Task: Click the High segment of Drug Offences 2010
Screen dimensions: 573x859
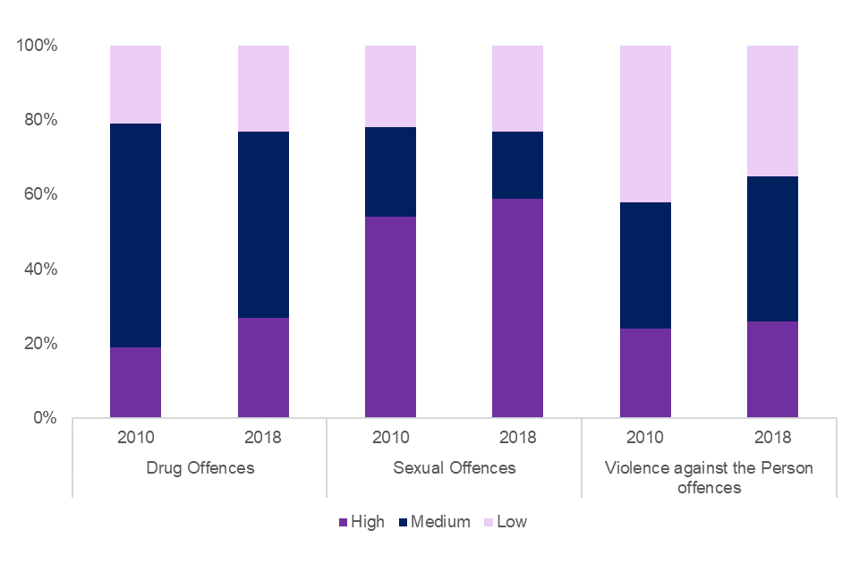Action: tap(135, 382)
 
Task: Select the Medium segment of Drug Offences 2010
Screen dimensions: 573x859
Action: tap(135, 235)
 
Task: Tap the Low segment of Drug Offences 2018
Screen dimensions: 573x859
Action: tap(263, 88)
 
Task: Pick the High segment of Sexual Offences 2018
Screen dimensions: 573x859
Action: tap(517, 308)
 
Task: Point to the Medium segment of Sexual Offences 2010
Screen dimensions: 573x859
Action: tap(390, 172)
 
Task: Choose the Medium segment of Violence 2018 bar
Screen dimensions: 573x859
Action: tap(772, 249)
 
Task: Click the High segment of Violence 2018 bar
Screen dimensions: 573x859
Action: tap(772, 370)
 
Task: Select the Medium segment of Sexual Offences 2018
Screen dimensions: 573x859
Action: tap(517, 165)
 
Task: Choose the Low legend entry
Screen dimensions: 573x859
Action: tap(506, 522)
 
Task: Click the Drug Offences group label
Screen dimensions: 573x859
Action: tap(199, 467)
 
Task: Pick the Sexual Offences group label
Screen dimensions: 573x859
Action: tap(455, 467)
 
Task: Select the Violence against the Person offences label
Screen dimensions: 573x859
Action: tap(709, 477)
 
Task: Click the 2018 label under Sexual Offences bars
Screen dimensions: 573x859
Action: tap(517, 439)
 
